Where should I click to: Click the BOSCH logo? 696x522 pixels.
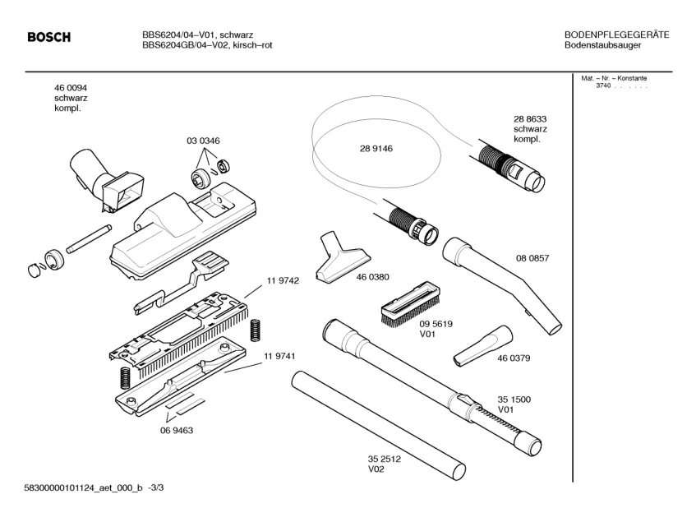coord(49,37)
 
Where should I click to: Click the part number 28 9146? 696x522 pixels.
coord(376,149)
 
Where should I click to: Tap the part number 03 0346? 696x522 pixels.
coord(203,141)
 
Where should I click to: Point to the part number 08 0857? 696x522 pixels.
coord(532,258)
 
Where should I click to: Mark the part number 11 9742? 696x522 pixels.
coord(282,280)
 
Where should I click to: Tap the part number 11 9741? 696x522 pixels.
coord(279,355)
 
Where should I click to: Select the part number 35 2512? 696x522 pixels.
coord(384,460)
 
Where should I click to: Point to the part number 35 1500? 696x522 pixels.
coord(514,400)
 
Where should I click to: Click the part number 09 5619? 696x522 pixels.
coord(436,324)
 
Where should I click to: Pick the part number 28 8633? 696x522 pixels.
coord(530,119)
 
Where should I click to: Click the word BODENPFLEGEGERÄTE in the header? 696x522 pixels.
coord(616,35)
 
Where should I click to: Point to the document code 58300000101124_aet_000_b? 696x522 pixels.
coord(80,487)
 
